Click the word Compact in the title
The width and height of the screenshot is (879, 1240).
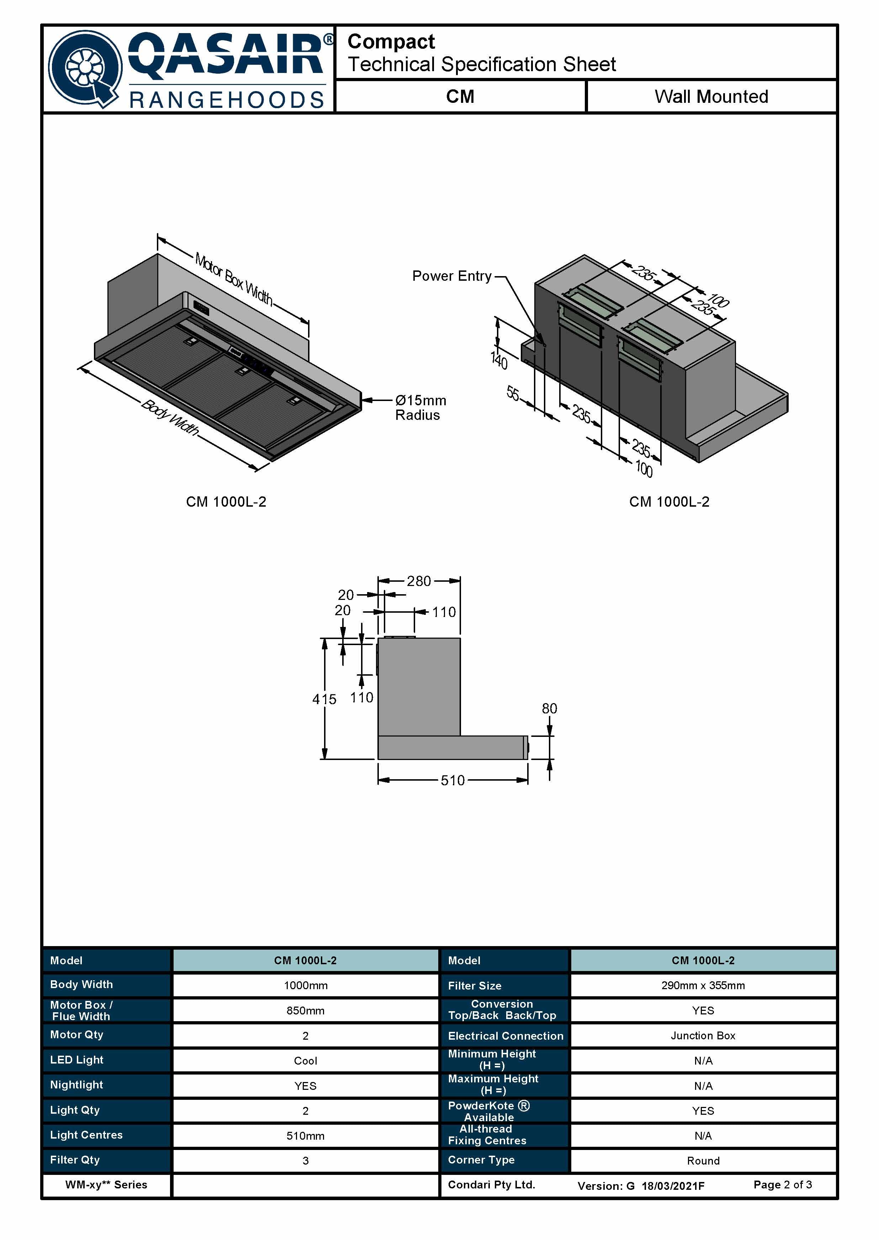[391, 42]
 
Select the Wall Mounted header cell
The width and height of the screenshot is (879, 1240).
[711, 96]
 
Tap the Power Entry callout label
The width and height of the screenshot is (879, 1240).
[452, 276]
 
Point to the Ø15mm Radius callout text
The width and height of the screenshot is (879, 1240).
[420, 407]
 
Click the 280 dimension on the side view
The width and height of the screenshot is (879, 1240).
[419, 581]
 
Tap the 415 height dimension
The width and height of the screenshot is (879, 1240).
[324, 699]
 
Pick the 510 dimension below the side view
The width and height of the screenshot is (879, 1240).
[452, 781]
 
